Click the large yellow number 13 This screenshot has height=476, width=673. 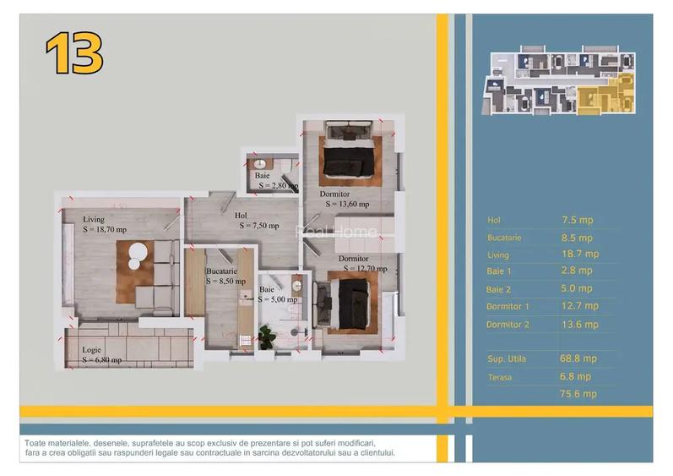click(x=74, y=54)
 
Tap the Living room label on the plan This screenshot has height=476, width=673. click(x=104, y=225)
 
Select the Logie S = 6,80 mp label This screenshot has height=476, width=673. click(x=101, y=355)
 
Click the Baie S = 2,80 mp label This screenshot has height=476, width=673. click(x=276, y=180)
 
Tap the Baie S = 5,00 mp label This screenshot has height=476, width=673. click(x=278, y=294)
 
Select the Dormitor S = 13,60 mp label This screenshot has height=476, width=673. click(x=344, y=199)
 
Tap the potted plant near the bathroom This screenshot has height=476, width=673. click(x=268, y=336)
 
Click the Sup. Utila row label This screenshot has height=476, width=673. click(x=506, y=359)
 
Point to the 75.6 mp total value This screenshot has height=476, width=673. click(x=578, y=394)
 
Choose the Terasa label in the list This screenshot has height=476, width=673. click(x=500, y=377)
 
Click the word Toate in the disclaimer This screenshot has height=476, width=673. click(x=37, y=443)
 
